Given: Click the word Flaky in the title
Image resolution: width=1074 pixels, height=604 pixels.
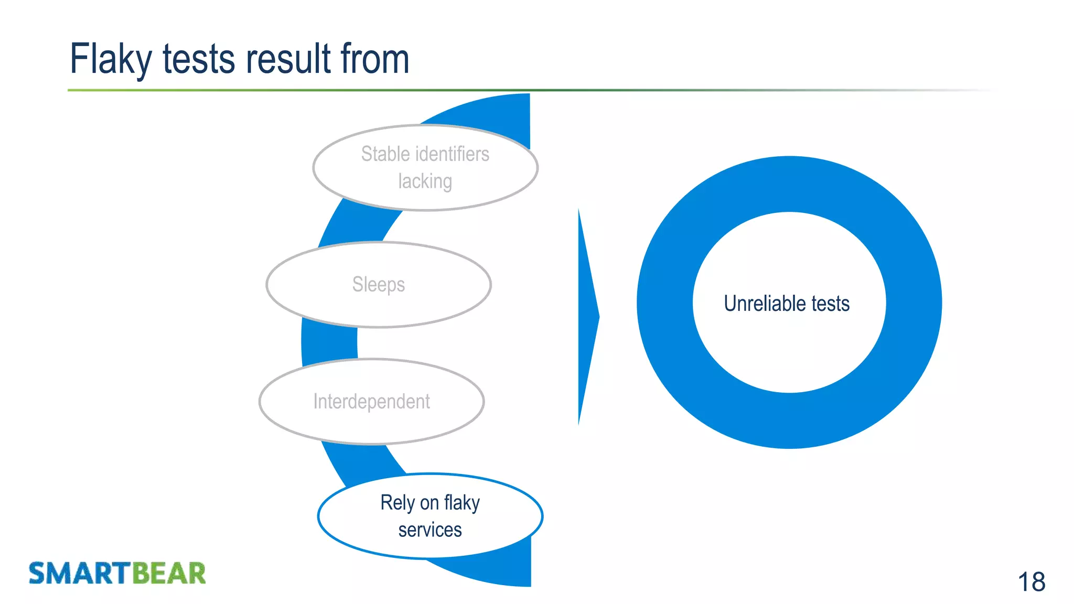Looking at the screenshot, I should (x=111, y=59).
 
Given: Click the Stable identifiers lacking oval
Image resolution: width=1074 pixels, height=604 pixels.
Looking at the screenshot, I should (x=425, y=168).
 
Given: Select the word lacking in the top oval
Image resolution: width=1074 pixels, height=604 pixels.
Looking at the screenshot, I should (x=425, y=181).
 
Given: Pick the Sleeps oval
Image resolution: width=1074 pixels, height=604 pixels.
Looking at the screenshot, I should (x=379, y=285).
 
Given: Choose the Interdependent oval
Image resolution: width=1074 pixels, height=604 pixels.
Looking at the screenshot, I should (x=371, y=402).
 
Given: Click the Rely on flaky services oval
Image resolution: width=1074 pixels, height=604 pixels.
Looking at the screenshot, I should (x=430, y=516).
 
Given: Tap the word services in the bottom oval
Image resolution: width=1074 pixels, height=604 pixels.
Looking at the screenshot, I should (x=430, y=530).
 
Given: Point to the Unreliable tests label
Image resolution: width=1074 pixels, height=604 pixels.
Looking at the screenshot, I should (x=787, y=304).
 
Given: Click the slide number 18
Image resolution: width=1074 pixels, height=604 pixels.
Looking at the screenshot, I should (x=1031, y=582).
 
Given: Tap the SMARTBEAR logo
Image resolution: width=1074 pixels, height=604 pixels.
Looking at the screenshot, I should (x=117, y=573).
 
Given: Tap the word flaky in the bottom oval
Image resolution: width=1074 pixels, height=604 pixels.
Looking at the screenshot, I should (x=461, y=503).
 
